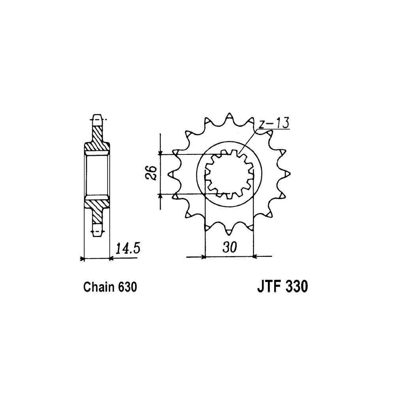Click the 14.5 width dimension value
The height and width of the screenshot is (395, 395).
[128, 248]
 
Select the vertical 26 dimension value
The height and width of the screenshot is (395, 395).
[151, 173]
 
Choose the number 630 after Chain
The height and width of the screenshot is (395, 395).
[127, 287]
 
